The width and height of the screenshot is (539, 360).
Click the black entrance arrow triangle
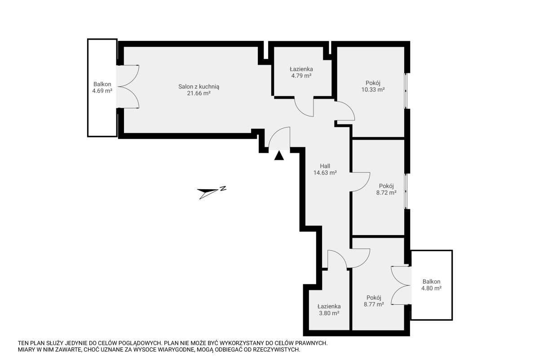[x=279, y=156]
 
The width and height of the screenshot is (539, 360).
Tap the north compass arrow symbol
[x=212, y=193]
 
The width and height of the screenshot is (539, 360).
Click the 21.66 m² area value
[x=199, y=93]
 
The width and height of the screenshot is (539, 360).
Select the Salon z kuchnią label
[x=199, y=86]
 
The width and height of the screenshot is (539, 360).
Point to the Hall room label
[x=325, y=166]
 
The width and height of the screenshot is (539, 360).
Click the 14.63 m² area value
[x=325, y=173]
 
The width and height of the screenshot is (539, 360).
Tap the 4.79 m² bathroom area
[x=301, y=76]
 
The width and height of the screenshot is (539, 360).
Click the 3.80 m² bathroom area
[x=329, y=313]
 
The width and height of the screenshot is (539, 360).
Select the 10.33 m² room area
[x=373, y=89]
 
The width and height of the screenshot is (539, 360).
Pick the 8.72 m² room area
[x=386, y=193]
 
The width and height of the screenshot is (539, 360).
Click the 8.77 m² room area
[x=374, y=304]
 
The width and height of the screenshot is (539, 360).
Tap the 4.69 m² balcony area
[x=102, y=91]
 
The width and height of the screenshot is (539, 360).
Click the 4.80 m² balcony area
[x=431, y=288]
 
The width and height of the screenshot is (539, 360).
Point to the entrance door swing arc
[x=275, y=133]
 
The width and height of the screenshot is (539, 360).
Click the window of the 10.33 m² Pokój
[x=406, y=91]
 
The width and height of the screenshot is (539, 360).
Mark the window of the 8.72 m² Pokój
[x=406, y=191]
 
